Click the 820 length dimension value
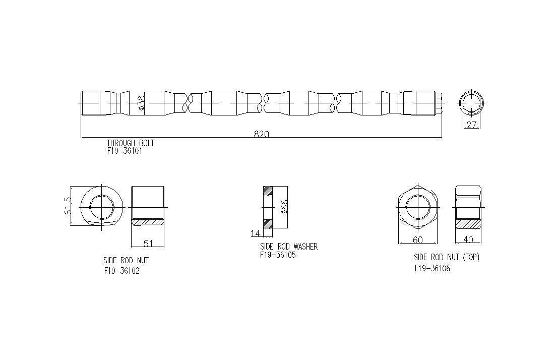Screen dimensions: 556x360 tap(261, 134)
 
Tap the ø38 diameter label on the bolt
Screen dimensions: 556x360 tap(140, 103)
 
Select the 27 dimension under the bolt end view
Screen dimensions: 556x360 tap(471, 125)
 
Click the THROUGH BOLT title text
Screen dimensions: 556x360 tap(131, 143)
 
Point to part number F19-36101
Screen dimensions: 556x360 tap(125, 151)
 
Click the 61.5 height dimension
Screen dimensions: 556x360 tap(68, 206)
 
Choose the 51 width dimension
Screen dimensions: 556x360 tap(148, 244)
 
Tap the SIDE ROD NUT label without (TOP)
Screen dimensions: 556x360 tap(126, 260)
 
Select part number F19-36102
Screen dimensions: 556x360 tap(121, 271)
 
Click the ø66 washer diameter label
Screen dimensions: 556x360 tap(284, 207)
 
